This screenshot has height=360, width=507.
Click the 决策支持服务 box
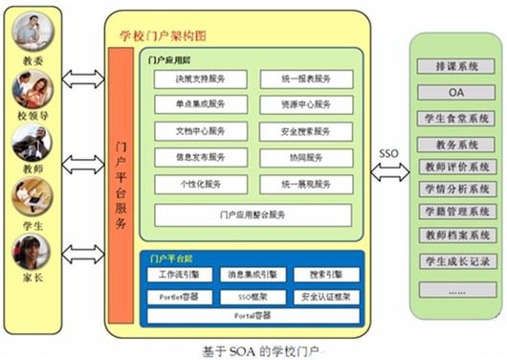201,79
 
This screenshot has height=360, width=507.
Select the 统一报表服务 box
307,79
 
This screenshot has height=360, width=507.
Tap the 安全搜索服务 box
307,131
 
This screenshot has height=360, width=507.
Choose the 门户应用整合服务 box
253,214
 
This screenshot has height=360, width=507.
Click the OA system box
455,92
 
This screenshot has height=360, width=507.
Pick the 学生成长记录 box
455,259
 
